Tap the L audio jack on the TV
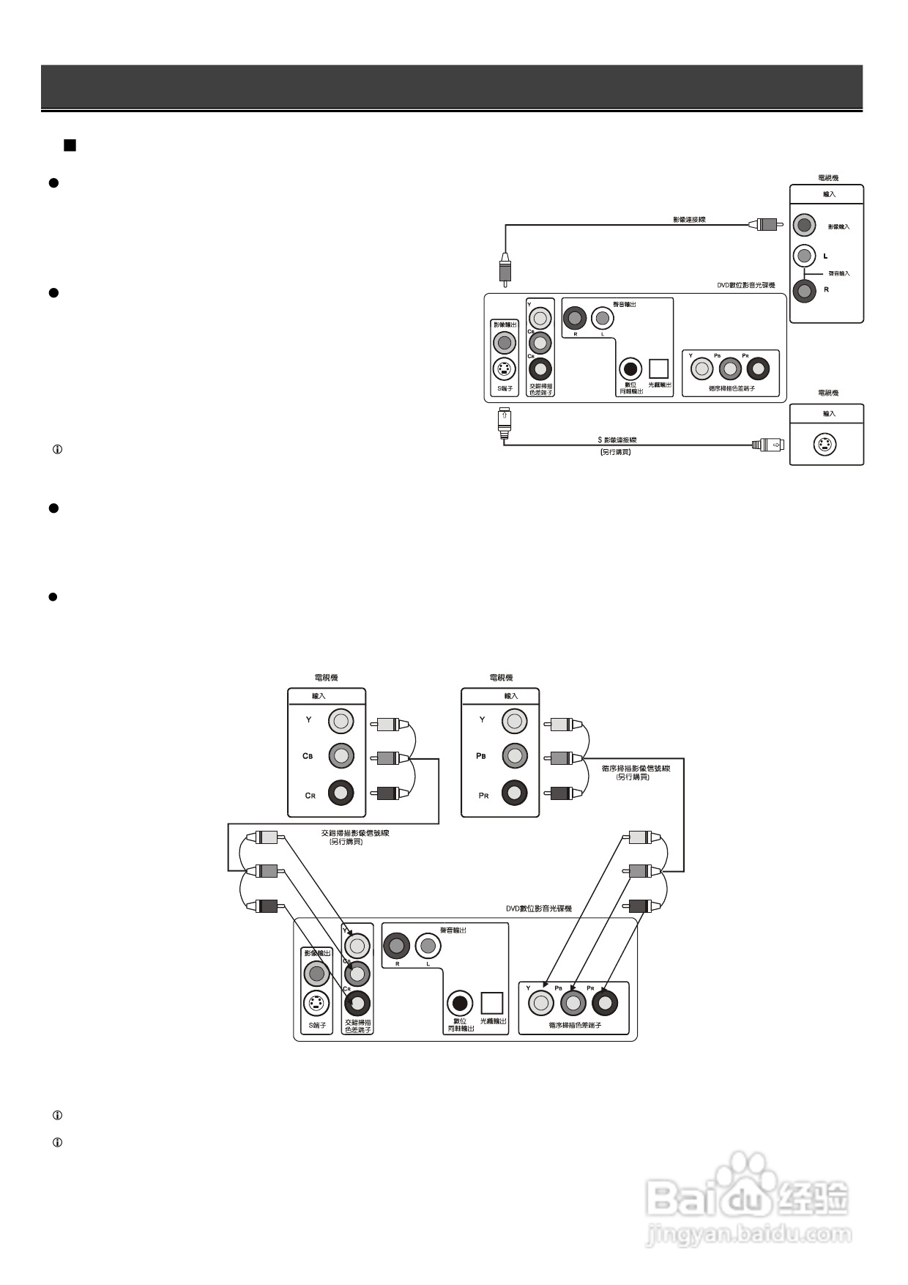click(x=804, y=256)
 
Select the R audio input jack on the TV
click(x=804, y=291)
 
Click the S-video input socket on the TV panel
click(x=826, y=445)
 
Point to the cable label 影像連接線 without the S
click(x=689, y=219)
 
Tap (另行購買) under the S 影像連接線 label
click(x=615, y=452)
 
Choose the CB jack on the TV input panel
click(x=340, y=755)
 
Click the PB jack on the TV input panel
click(x=514, y=755)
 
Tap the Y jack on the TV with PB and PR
click(x=514, y=721)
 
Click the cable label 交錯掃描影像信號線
click(x=355, y=833)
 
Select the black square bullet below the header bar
click(x=70, y=145)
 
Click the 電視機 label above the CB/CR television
click(x=326, y=678)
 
